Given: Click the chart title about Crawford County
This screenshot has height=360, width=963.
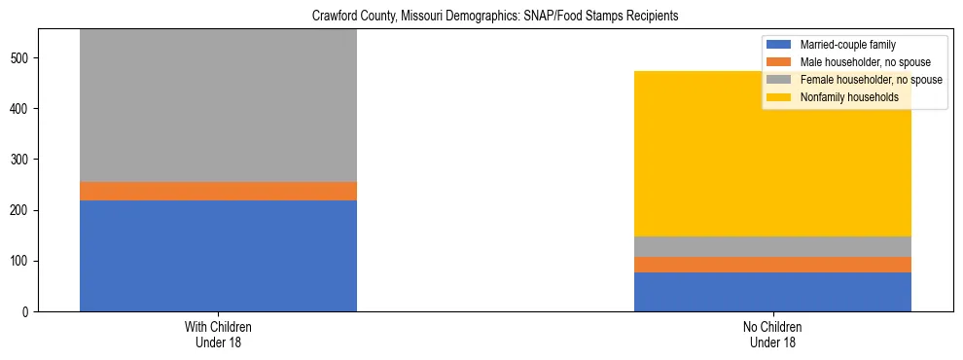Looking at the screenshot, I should pyautogui.click(x=495, y=17).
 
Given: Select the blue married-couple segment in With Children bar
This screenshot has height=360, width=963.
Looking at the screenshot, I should pyautogui.click(x=218, y=256).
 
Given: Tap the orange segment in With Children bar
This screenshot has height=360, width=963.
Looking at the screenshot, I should pyautogui.click(x=218, y=192).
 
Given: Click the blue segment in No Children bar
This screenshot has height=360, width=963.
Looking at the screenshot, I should pyautogui.click(x=772, y=292).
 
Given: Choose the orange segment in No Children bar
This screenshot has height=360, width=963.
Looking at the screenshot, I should pyautogui.click(x=772, y=265).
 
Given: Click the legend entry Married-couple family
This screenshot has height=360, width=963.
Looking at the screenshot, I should pyautogui.click(x=847, y=45).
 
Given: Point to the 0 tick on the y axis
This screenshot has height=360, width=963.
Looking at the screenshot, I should pyautogui.click(x=26, y=312).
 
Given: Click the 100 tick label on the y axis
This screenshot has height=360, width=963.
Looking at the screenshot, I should pyautogui.click(x=20, y=262).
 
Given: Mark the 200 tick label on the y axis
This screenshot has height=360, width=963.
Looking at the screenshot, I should pyautogui.click(x=20, y=211).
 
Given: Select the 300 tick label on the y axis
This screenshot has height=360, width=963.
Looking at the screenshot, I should pyautogui.click(x=20, y=160).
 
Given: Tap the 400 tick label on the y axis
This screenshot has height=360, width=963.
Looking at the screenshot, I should pyautogui.click(x=20, y=109).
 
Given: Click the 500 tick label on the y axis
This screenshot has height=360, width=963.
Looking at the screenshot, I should pyautogui.click(x=20, y=58).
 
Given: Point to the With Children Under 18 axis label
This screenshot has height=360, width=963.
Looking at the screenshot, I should pyautogui.click(x=218, y=335).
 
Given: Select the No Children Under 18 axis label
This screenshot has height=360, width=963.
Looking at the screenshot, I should pyautogui.click(x=772, y=335).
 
